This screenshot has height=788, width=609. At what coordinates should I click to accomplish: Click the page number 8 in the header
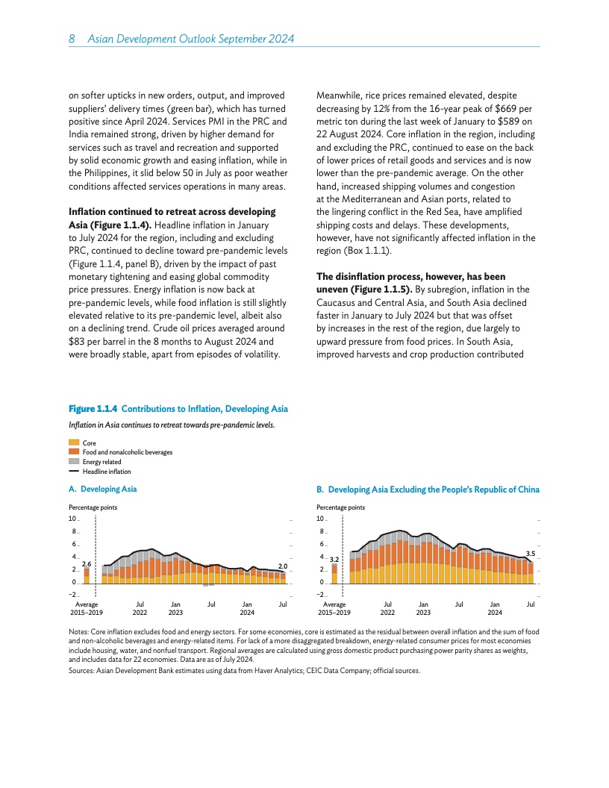click(x=71, y=38)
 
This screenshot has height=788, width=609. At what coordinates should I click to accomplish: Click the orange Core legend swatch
click(x=74, y=443)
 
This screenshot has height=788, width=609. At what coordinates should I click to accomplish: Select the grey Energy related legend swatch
click(x=74, y=462)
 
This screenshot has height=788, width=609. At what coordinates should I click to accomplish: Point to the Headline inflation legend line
click(x=74, y=472)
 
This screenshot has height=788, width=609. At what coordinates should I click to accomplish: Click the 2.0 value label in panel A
click(x=283, y=566)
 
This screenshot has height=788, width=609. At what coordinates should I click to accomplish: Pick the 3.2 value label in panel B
click(x=334, y=558)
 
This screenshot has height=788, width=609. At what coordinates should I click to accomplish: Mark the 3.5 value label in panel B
click(x=531, y=553)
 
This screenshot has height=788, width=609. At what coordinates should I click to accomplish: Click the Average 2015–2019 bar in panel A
click(x=87, y=575)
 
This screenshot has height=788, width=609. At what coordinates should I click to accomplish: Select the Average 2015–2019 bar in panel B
click(x=334, y=572)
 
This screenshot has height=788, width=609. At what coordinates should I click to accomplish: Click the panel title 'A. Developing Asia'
click(x=102, y=489)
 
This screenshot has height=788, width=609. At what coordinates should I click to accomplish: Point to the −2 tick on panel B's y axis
click(x=319, y=595)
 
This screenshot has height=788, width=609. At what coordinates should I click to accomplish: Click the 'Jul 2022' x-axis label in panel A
click(x=140, y=607)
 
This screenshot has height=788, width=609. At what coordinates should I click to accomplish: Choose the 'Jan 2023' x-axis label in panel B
click(x=423, y=607)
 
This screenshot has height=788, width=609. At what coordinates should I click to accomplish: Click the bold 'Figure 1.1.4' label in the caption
click(x=93, y=409)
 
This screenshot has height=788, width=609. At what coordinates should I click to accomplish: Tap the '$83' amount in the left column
click(x=77, y=342)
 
